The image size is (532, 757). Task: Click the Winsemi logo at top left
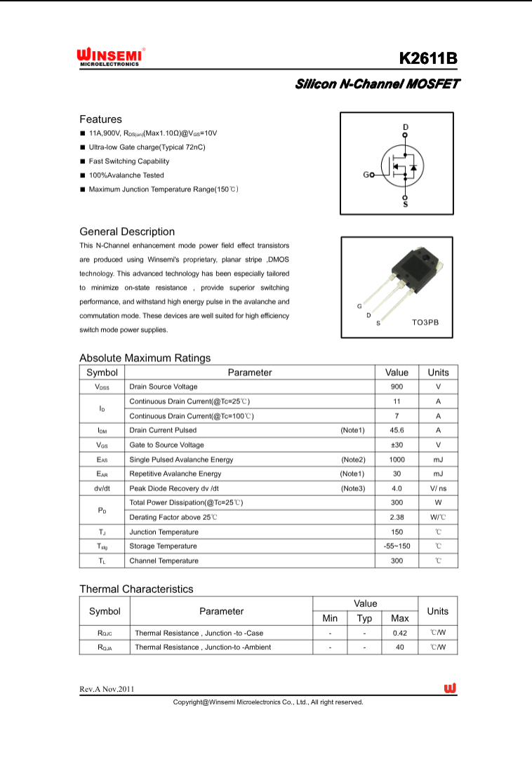[110, 57]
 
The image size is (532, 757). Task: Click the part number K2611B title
[428, 58]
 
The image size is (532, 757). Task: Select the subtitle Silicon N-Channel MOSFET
[377, 84]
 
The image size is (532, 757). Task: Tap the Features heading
[100, 119]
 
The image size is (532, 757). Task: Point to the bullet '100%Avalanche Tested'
[126, 175]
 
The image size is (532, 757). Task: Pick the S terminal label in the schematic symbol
[405, 204]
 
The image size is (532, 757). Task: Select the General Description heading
[127, 232]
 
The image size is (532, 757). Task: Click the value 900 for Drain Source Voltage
[397, 387]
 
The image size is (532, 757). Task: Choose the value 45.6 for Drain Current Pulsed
[397, 430]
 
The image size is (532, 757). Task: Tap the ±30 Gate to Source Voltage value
[397, 445]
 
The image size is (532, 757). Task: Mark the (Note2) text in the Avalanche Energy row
[353, 460]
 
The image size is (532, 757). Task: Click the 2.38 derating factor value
[397, 517]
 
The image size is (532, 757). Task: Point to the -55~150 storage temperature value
[397, 546]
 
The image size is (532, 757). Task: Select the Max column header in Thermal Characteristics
[400, 618]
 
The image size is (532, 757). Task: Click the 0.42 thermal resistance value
[400, 633]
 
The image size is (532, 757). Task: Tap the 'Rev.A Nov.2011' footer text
[107, 689]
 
